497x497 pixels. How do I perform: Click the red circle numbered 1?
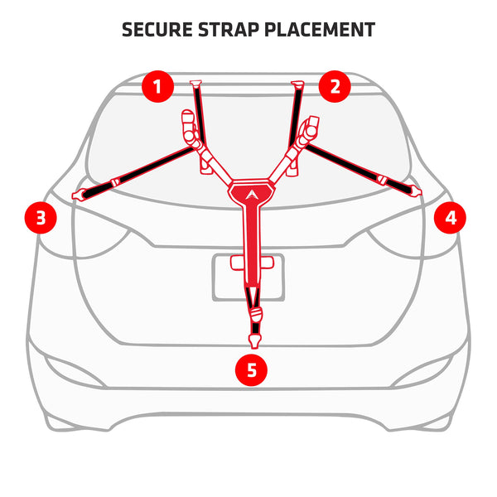157,86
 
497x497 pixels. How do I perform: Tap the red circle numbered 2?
335,86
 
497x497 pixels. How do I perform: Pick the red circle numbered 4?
451,218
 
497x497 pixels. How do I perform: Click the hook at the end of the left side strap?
80,195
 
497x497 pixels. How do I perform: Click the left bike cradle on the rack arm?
190,129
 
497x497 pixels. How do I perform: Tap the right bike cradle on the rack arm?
310,129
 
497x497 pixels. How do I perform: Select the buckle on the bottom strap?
255,315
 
